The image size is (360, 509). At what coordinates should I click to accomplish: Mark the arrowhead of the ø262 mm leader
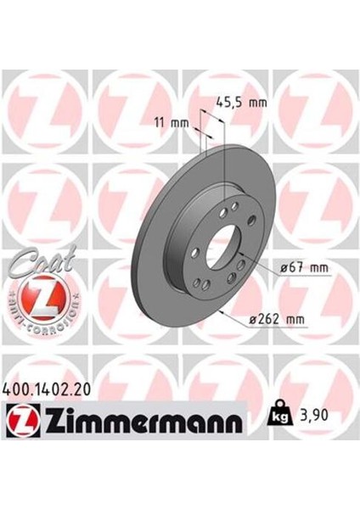point(222,311)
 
